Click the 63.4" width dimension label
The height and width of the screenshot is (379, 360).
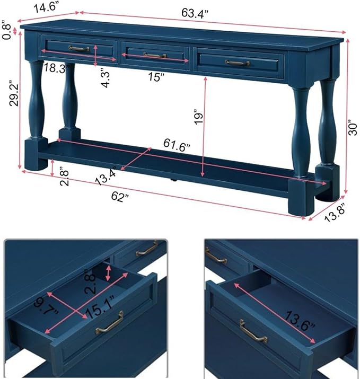coord(195,13)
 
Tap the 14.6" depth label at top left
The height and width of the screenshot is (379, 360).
coord(46,7)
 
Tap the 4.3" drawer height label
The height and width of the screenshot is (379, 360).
coord(105,80)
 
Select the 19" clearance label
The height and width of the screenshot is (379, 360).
coord(199,117)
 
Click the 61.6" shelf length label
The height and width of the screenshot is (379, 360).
coord(177,145)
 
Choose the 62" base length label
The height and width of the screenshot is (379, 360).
coord(120,196)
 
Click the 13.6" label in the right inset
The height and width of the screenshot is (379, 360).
coord(300,321)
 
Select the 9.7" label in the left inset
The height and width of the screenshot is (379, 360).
coord(46,305)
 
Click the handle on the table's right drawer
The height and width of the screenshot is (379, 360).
coord(238,63)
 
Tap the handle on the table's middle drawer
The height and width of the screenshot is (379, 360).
coord(155,55)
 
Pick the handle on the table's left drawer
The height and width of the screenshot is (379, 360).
coord(79,48)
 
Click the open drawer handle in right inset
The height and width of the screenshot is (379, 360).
coord(253,332)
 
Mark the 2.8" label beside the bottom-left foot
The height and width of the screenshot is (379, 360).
coord(64,178)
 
